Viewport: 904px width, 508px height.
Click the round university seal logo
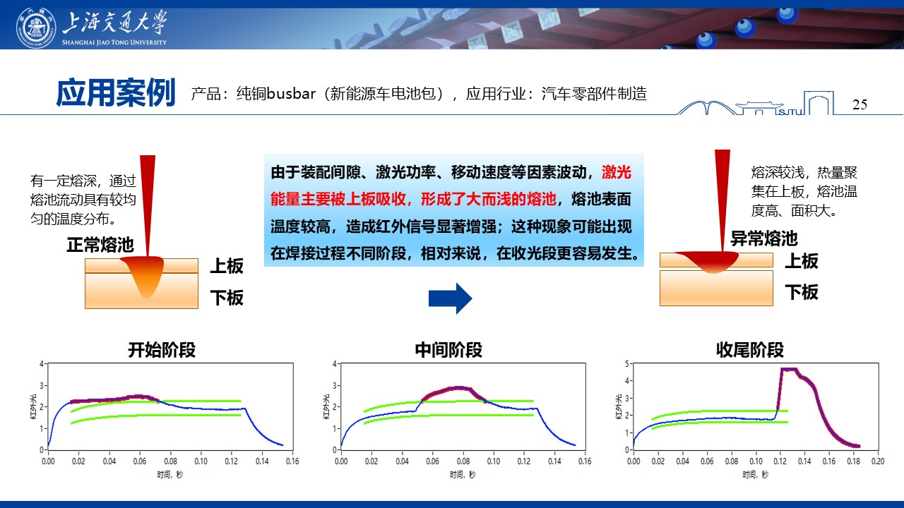pyautogui.click(x=36, y=28)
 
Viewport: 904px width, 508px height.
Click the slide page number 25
pyautogui.click(x=860, y=104)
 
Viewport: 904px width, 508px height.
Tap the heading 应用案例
pyautogui.click(x=116, y=92)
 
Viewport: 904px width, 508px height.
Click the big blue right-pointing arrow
pyautogui.click(x=450, y=298)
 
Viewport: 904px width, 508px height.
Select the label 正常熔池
pyautogui.click(x=100, y=245)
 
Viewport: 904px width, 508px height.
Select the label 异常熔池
pyautogui.click(x=764, y=238)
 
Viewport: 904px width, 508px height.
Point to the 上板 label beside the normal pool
pyautogui.click(x=227, y=266)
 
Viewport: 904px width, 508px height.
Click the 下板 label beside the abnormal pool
pyautogui.click(x=802, y=292)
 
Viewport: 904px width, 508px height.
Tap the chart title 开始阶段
pyautogui.click(x=162, y=350)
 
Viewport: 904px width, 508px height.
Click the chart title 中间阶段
pyautogui.click(x=448, y=350)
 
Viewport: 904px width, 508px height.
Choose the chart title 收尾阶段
pyautogui.click(x=750, y=350)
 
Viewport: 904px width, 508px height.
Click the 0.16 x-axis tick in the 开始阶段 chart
pyautogui.click(x=292, y=461)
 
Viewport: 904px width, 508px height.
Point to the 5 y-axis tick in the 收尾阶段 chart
pyautogui.click(x=626, y=363)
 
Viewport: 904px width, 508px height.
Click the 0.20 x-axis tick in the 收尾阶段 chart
pyautogui.click(x=877, y=461)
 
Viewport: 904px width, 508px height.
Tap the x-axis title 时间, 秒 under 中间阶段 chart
pyautogui.click(x=463, y=475)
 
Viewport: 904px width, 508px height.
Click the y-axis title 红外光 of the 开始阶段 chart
pyautogui.click(x=33, y=407)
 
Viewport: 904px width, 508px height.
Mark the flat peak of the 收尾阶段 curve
pyautogui.click(x=789, y=369)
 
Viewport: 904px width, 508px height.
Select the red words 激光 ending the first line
pyautogui.click(x=617, y=173)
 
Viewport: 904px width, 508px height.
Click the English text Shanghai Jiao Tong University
pyautogui.click(x=114, y=42)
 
